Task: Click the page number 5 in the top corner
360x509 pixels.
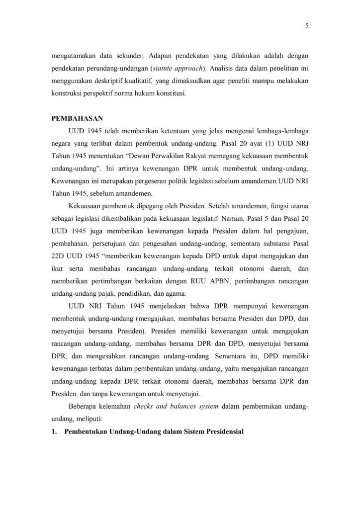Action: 307,28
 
